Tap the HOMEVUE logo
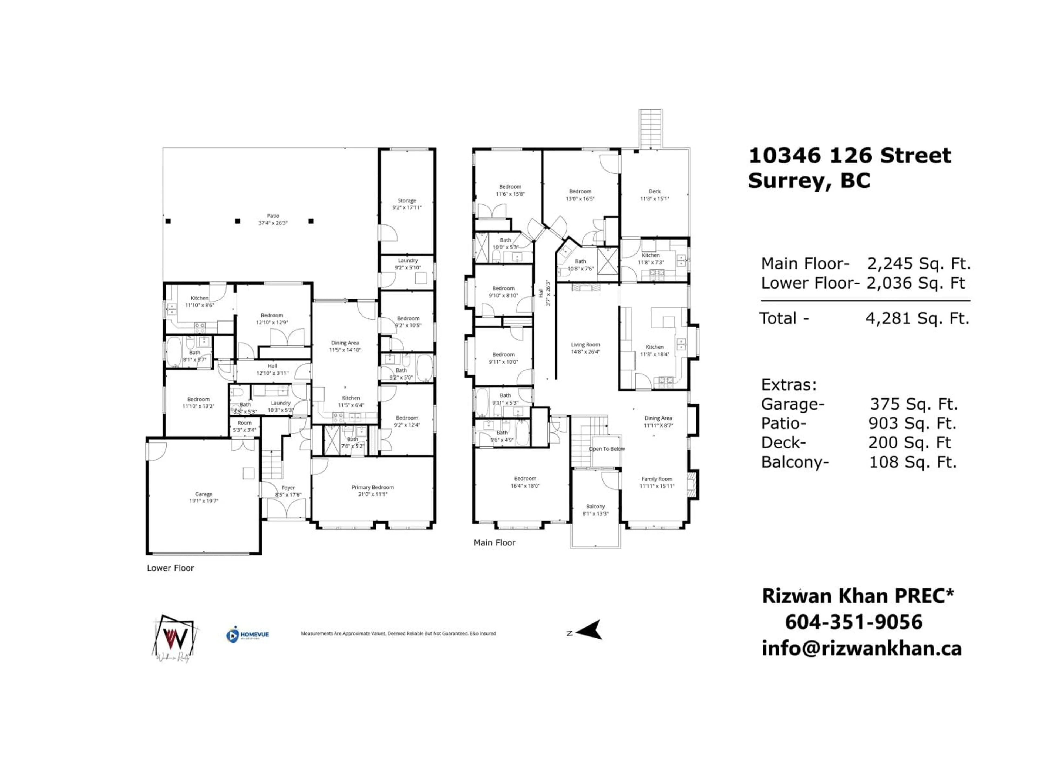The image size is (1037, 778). point(248,635)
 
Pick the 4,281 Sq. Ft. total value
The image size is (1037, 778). point(917,318)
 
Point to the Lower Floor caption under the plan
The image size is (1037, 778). point(170,568)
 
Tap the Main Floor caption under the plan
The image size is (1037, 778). point(494,543)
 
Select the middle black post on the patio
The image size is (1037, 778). point(238,221)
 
